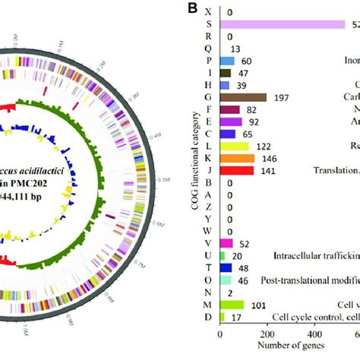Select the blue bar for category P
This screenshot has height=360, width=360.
click(227, 61)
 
